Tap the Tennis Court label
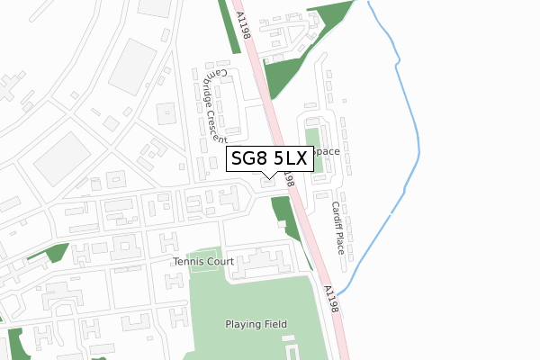[203, 262]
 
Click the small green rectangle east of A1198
[311, 138]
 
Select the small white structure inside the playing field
[292, 349]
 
